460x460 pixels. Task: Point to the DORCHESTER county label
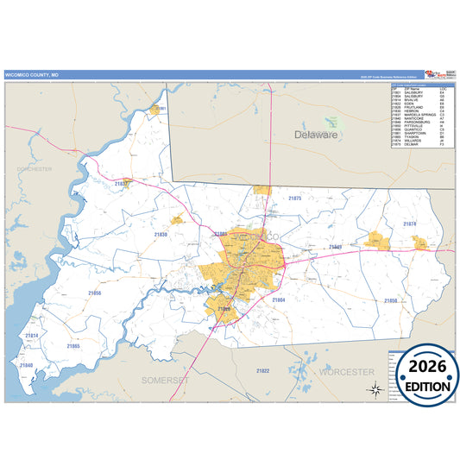point(34,169)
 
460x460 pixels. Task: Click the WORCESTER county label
point(346,372)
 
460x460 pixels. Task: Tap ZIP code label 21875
point(295,198)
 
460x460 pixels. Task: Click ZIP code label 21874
point(409,224)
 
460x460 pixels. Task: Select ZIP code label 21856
point(94,293)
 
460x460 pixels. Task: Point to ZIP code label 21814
point(31,335)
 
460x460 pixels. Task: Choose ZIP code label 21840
point(26,365)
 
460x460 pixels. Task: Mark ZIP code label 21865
point(73,345)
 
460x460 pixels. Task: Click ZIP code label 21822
point(262,370)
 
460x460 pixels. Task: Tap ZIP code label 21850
point(391,300)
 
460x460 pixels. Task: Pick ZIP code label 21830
point(161,235)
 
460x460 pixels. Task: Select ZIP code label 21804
point(278,299)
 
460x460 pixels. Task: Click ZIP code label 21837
point(122,183)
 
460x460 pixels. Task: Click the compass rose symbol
point(375,389)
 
